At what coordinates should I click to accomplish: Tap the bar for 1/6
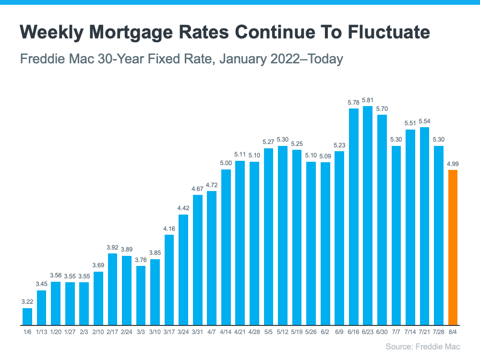[27, 316]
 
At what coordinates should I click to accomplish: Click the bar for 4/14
[226, 247]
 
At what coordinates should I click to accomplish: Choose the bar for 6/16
[354, 216]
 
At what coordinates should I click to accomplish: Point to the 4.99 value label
[453, 164]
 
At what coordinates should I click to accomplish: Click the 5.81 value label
[368, 100]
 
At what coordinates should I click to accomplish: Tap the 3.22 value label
[27, 302]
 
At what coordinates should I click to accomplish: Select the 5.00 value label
[226, 164]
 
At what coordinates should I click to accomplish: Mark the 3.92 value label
[112, 248]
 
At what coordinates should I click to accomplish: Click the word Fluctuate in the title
[379, 32]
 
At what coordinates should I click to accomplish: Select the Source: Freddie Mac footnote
[422, 347]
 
